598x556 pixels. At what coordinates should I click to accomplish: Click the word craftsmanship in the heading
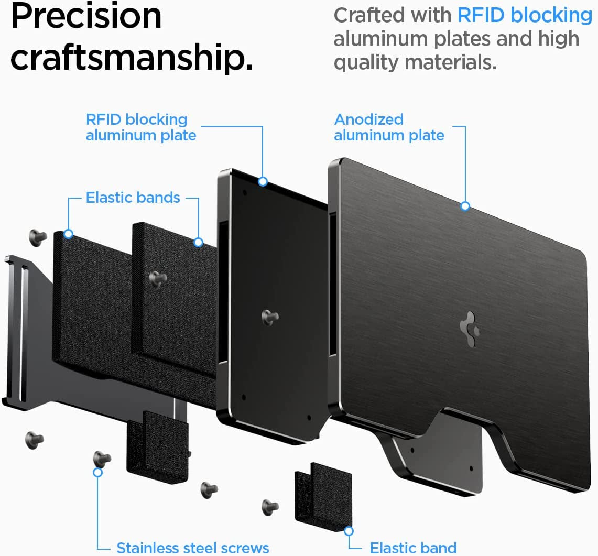[131, 59]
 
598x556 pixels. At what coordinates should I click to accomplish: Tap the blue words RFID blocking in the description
[525, 15]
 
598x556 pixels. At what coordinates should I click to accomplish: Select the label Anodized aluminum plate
[389, 127]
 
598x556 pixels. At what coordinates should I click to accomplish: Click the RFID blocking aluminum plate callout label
[140, 127]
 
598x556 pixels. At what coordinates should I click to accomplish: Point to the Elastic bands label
[133, 198]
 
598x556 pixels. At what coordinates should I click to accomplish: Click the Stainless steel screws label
[192, 548]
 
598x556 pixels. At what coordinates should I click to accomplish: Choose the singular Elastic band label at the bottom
[413, 548]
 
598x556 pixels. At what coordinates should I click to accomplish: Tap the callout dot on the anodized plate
[465, 206]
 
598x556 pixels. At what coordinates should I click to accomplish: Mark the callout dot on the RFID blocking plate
[263, 181]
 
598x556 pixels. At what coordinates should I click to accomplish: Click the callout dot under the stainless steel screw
[97, 472]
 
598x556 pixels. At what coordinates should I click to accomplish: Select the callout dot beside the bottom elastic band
[349, 531]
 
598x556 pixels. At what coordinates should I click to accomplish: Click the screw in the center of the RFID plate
[270, 316]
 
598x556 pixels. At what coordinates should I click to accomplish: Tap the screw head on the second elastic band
[157, 277]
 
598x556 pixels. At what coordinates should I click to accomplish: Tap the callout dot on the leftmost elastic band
[68, 234]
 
